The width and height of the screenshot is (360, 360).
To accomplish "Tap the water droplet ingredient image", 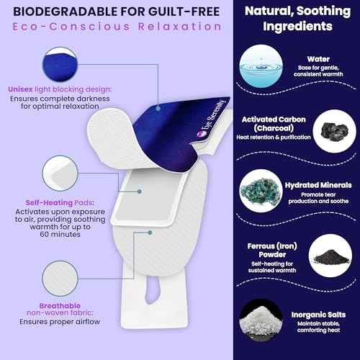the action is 261,66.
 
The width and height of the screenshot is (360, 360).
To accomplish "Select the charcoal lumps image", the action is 334,131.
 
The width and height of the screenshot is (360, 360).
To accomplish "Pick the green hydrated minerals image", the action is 261,191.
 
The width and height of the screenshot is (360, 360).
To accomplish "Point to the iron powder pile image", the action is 330,256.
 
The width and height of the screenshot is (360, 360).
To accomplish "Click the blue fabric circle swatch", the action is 60,64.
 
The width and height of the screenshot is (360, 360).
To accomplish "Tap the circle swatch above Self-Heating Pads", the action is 60,174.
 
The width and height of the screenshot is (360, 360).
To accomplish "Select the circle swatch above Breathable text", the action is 60,279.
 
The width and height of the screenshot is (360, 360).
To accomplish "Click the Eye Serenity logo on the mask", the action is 211,118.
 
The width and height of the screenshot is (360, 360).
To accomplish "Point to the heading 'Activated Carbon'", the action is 274,120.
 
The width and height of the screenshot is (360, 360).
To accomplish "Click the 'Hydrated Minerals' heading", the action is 318,185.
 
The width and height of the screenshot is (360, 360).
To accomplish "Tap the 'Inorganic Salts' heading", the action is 318,315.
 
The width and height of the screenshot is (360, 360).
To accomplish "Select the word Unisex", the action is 20,89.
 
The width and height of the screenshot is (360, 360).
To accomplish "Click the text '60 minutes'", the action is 60,234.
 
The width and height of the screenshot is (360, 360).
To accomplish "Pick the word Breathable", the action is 60,306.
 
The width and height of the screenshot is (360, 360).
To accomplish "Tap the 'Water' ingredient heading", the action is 318,59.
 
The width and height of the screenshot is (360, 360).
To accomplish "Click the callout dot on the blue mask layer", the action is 158,109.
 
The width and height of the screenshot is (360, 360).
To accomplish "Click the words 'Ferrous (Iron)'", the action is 272,246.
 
